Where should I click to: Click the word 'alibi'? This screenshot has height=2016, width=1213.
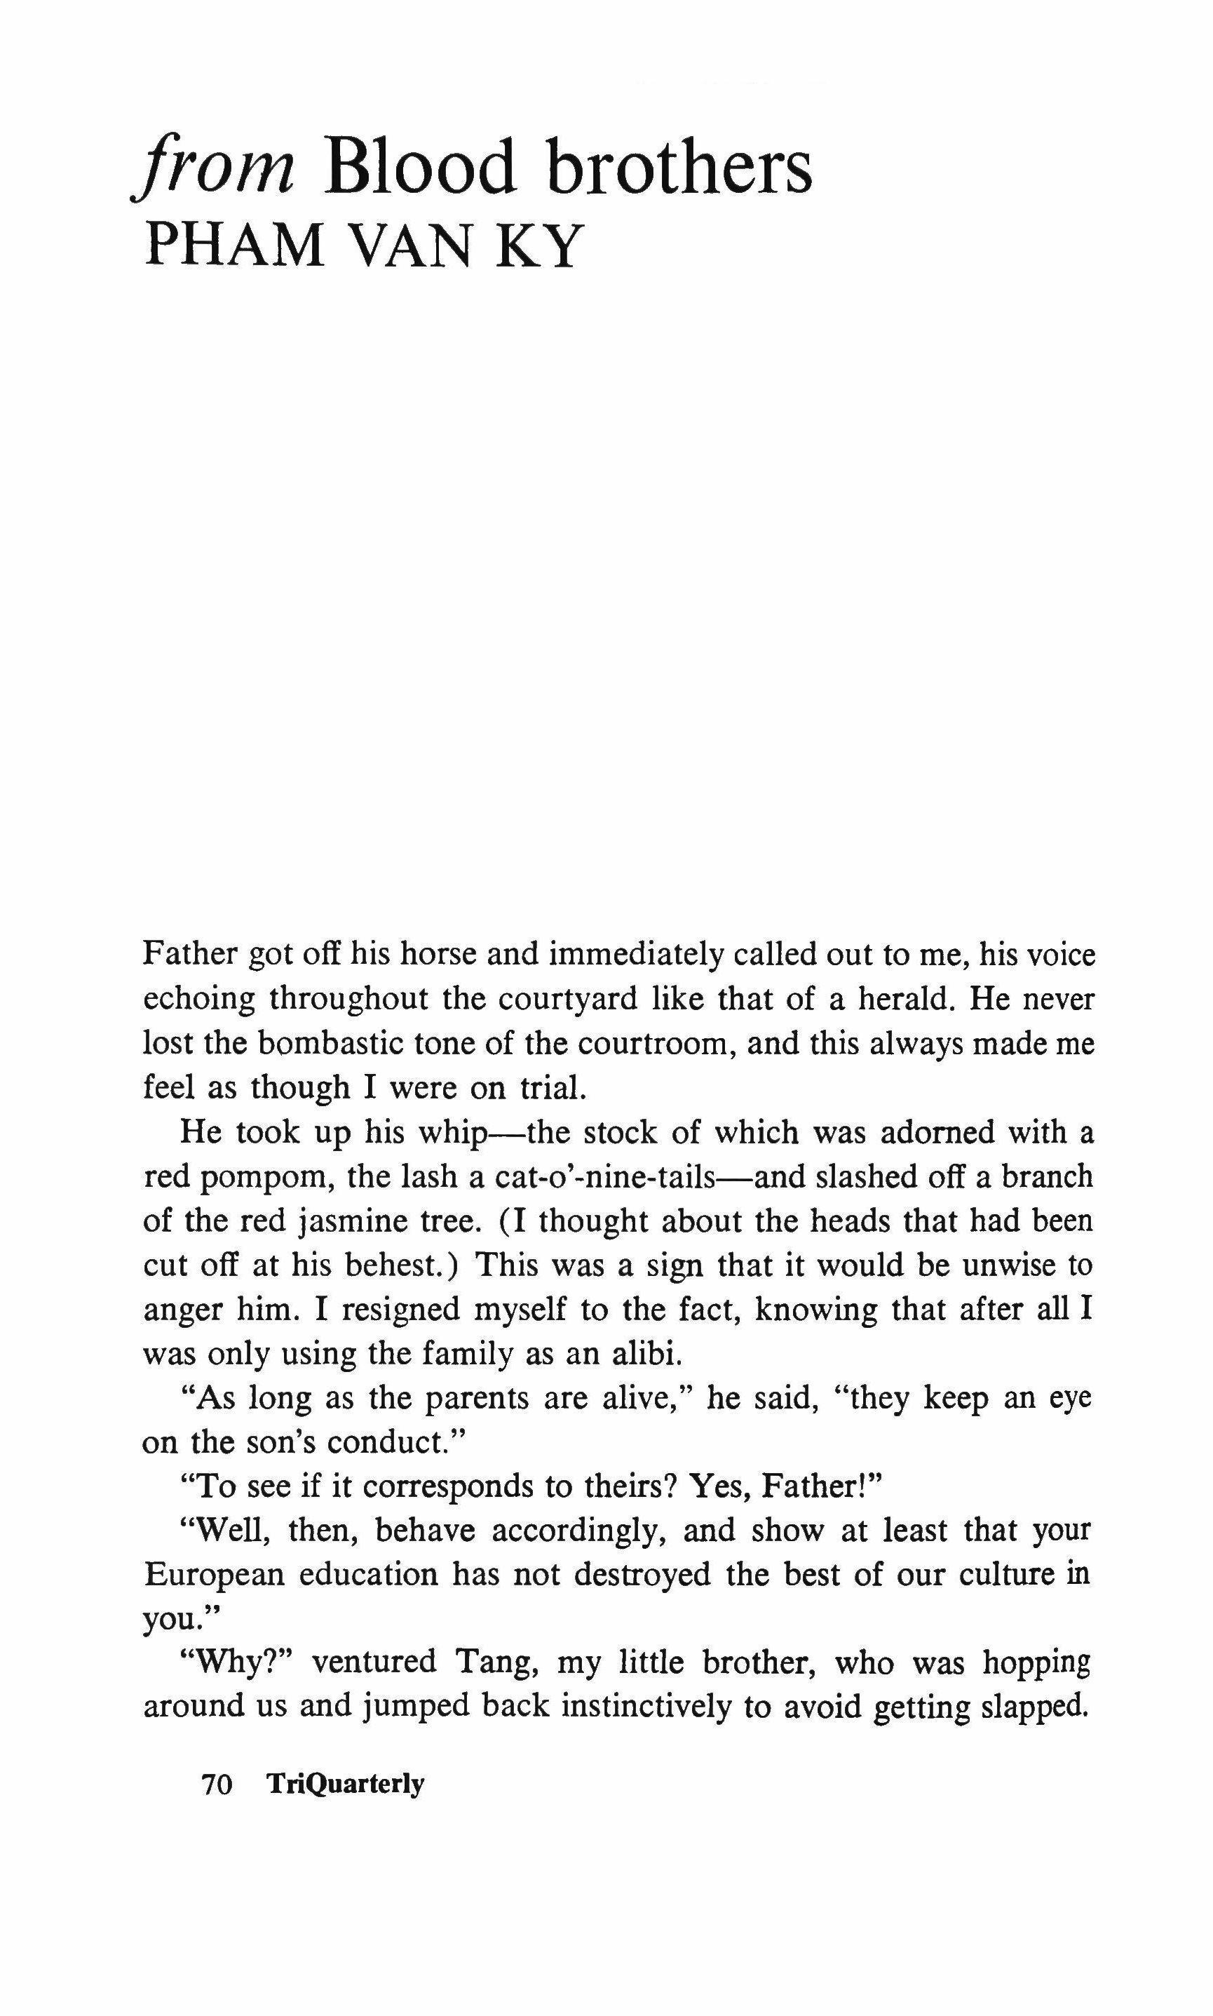click(645, 1355)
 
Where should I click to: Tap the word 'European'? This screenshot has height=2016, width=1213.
click(214, 1576)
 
